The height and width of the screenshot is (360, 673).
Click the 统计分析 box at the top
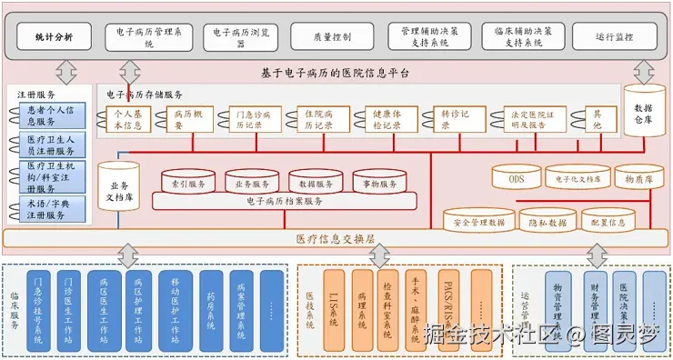pos(53,37)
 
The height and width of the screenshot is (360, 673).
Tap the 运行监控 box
pos(615,37)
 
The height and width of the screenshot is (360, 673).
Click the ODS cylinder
pos(516,178)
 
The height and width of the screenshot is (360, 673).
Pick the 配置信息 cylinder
pos(608,222)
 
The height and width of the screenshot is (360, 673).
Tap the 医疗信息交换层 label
pos(336,239)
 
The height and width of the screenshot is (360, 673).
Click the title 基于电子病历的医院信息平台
pos(336,72)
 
